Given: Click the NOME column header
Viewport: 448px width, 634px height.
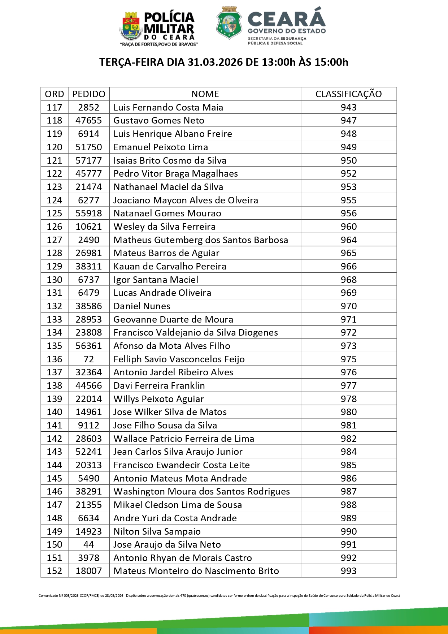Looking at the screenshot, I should pos(205,94).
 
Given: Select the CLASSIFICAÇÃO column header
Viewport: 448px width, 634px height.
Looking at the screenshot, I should pos(348,94).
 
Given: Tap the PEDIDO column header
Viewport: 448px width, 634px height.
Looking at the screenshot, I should pos(89,94).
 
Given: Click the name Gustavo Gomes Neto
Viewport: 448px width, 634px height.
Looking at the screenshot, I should pos(159,120).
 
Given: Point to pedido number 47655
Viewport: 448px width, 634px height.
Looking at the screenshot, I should pos(89,120).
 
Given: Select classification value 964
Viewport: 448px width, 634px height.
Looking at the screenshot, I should pos(348,240).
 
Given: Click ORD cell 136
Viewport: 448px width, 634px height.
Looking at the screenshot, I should pos(55,359).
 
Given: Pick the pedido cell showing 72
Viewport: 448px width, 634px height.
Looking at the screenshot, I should pos(89,359).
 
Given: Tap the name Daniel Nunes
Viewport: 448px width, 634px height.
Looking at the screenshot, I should pos(142,306).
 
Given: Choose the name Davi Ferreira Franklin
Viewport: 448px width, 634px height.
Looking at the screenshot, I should pos(159,385).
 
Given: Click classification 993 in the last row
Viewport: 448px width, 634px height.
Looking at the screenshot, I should pos(348,571).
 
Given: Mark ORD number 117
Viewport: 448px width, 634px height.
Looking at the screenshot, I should pos(55,107).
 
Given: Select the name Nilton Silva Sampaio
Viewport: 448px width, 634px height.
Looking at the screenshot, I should pos(157,531).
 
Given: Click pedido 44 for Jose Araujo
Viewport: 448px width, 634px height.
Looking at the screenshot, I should pos(89,544).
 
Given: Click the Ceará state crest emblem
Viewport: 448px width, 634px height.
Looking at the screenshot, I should pos(229,23).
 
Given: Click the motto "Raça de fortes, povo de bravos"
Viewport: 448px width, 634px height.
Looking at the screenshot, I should pos(159,44).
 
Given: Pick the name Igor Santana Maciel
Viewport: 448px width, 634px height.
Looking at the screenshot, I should pos(156,280).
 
